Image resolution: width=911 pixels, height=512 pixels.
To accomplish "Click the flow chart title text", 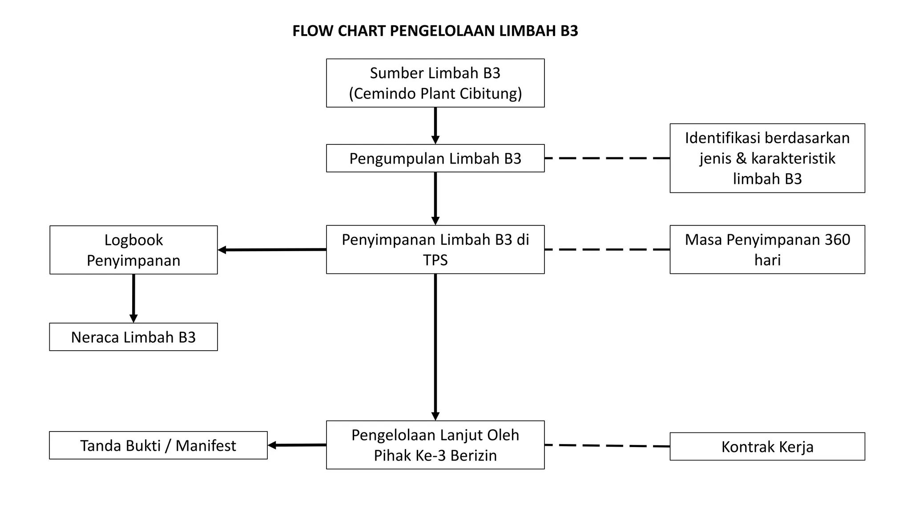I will click(x=435, y=31).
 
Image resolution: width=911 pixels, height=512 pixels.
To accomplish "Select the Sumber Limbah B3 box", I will click(x=435, y=83).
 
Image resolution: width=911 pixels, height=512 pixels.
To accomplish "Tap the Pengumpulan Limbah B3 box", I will click(x=435, y=158).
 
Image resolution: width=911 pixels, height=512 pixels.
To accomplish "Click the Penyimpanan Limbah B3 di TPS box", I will click(x=435, y=249).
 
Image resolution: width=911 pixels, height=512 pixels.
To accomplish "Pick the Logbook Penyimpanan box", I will click(x=133, y=250).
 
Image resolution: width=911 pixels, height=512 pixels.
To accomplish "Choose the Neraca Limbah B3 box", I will click(x=133, y=337).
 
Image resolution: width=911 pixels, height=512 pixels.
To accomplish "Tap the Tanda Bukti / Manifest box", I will click(x=158, y=445).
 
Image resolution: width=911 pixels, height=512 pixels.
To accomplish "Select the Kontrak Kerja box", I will click(x=767, y=446).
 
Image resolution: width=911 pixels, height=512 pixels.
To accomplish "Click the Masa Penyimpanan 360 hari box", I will click(x=767, y=249).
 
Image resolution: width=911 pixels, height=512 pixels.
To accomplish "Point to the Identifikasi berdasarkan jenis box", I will click(x=767, y=158).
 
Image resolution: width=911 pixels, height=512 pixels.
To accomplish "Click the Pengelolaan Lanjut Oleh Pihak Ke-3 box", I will click(x=435, y=445).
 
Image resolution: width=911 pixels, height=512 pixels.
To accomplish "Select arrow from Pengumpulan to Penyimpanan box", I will click(x=435, y=198).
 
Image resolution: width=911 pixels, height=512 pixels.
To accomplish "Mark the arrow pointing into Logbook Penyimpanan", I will click(x=272, y=250).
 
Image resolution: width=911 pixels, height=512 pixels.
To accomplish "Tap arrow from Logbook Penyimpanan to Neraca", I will click(x=133, y=298).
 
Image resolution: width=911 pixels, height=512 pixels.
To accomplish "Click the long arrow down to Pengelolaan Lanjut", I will click(x=435, y=347).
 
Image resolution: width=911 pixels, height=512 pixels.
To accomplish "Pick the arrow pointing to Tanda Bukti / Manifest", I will click(x=297, y=445).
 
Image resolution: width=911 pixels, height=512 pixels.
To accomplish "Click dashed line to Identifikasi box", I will click(x=607, y=158).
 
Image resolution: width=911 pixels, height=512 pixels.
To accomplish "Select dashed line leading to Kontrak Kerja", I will click(x=607, y=445).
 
